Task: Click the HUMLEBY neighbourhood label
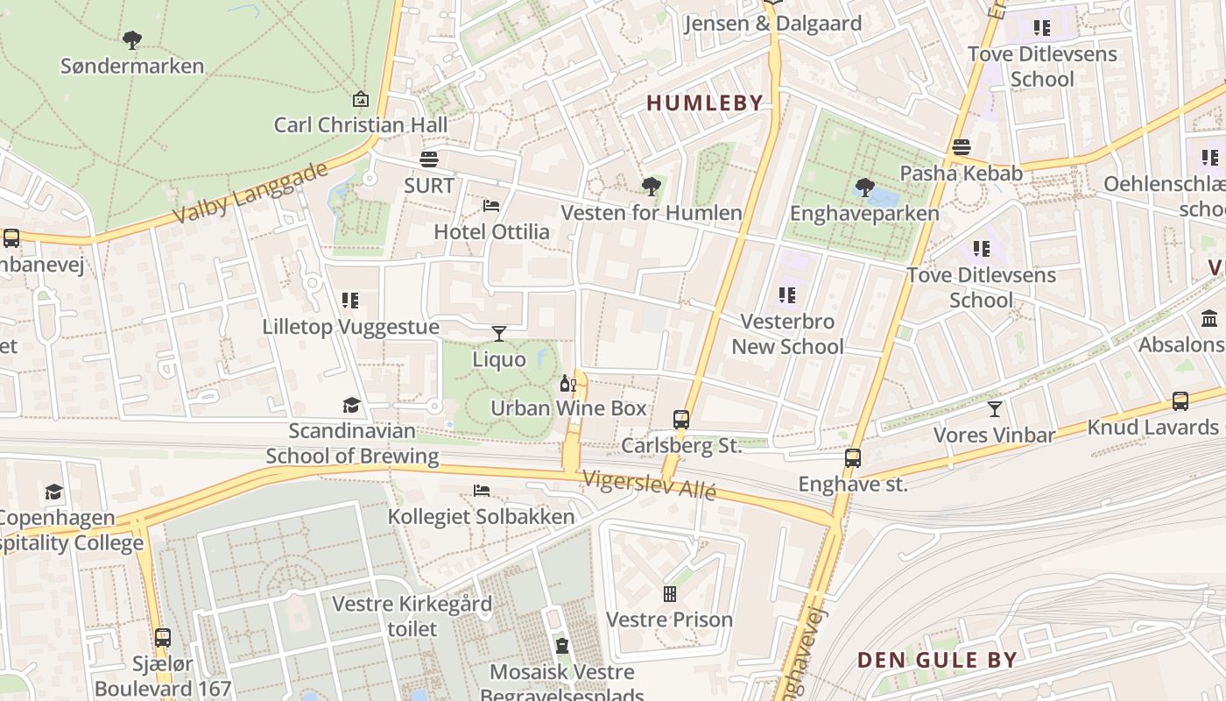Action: click(705, 103)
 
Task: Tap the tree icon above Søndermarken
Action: click(132, 39)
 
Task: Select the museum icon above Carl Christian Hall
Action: click(360, 99)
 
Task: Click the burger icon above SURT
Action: click(429, 159)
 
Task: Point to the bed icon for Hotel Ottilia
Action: click(491, 206)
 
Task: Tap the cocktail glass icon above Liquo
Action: click(499, 333)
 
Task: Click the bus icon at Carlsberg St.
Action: click(681, 419)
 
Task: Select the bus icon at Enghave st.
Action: click(852, 457)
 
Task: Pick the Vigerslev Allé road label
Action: click(650, 485)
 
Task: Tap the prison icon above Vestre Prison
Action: click(670, 594)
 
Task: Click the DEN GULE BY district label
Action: click(937, 660)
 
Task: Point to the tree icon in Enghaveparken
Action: click(864, 187)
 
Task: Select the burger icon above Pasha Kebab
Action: click(962, 147)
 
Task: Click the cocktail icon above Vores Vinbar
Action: click(995, 409)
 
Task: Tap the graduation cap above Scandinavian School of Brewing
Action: click(351, 405)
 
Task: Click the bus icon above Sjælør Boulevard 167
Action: click(162, 637)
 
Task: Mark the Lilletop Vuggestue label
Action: click(351, 327)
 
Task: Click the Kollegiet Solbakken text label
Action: click(481, 516)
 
